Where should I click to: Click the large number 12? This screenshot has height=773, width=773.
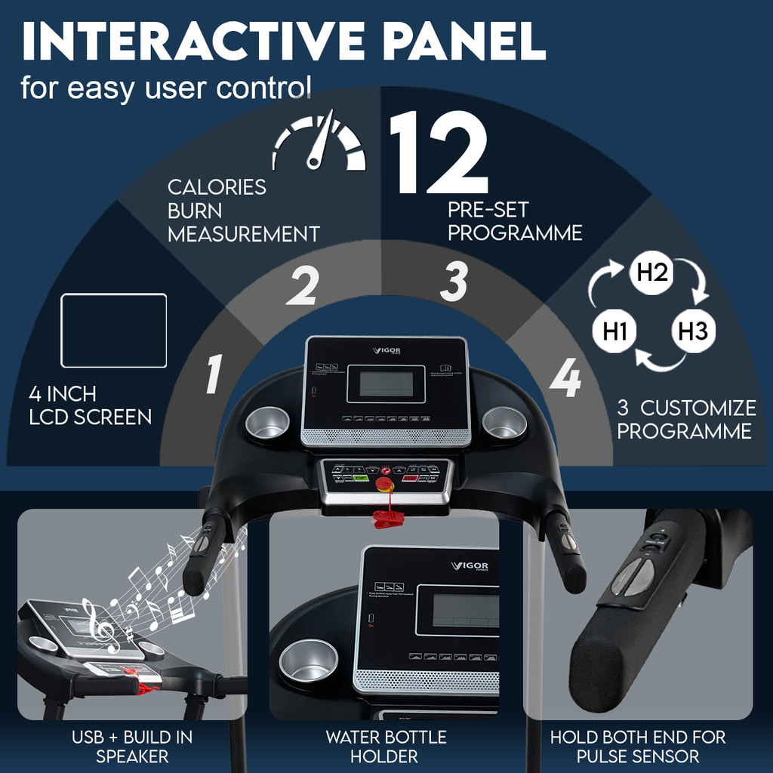pyautogui.click(x=439, y=154)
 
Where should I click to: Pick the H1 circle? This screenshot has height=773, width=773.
pyautogui.click(x=617, y=331)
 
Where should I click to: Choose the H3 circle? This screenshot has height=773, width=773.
pyautogui.click(x=691, y=331)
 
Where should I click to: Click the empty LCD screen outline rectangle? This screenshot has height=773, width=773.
pyautogui.click(x=113, y=330)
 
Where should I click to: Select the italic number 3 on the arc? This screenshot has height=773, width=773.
pyautogui.click(x=454, y=282)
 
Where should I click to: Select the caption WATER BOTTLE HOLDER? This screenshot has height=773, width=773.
pyautogui.click(x=386, y=746)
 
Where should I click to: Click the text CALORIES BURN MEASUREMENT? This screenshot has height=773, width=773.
pyautogui.click(x=243, y=211)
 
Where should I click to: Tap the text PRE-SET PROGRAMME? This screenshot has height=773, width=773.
pyautogui.click(x=514, y=220)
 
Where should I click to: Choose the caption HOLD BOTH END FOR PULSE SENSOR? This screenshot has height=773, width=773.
pyautogui.click(x=637, y=746)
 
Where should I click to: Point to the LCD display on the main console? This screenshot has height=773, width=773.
pyautogui.click(x=386, y=384)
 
